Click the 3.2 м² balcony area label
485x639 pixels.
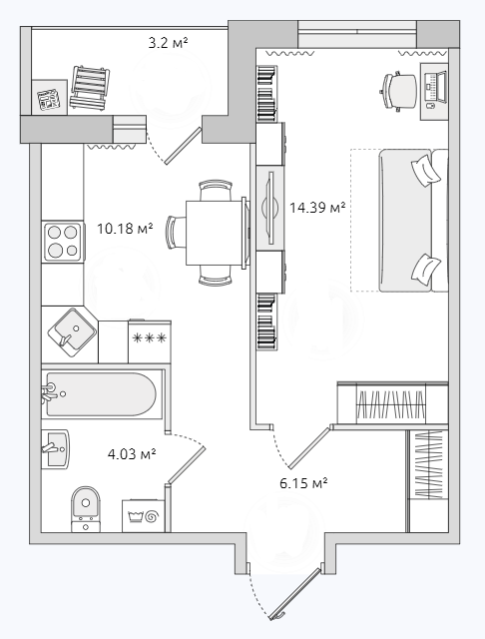[x=168, y=42]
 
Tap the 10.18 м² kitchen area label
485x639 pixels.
[x=125, y=229]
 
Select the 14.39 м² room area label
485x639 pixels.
[x=317, y=208]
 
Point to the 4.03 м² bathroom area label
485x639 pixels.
[x=132, y=453]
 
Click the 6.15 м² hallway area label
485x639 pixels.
[x=303, y=483]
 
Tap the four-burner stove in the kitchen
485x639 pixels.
[x=63, y=242]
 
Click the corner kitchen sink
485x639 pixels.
[x=72, y=332]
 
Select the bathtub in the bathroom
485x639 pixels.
[x=101, y=394]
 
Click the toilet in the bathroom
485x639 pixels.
[x=86, y=508]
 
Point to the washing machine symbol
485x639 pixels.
[x=144, y=516]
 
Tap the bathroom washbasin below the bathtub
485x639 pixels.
[x=56, y=448]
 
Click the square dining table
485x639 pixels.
[x=215, y=233]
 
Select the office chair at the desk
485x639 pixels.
[x=398, y=91]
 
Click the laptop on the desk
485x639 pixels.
[x=436, y=87]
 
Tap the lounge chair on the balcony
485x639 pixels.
[x=90, y=88]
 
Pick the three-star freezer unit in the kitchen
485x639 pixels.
[x=150, y=341]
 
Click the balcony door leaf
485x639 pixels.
[x=184, y=146]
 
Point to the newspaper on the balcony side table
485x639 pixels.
[x=49, y=99]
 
